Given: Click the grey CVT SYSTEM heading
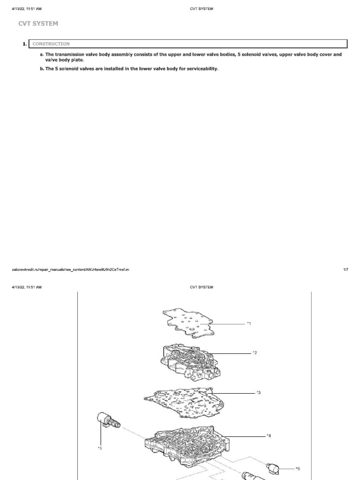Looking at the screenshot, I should [x=38, y=23].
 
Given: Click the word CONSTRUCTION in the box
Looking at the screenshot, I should [x=51, y=44].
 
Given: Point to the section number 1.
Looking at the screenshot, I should [x=24, y=44].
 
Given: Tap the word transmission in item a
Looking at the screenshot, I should [x=69, y=54].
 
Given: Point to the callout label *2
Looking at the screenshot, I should [x=255, y=352].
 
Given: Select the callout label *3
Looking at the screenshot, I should [x=258, y=393].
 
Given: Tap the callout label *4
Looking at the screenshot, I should [x=269, y=436].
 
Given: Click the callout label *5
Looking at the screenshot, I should [x=99, y=448].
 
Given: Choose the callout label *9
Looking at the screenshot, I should [x=297, y=468].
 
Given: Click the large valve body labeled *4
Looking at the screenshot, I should [x=187, y=445].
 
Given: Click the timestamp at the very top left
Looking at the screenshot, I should [x=27, y=8].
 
